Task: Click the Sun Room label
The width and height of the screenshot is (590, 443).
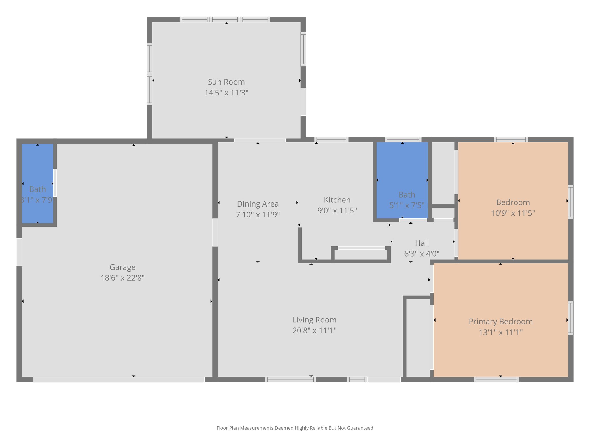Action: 226,82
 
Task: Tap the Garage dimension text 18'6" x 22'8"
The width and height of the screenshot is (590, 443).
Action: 122,278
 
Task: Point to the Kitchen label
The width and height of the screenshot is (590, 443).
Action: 337,200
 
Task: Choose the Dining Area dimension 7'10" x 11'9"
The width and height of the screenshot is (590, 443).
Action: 258,215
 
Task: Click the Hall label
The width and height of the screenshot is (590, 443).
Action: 422,243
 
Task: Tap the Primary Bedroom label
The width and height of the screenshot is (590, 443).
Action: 500,322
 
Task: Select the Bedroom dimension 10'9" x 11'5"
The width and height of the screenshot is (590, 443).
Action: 513,213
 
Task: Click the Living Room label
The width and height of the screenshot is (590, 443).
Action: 314,320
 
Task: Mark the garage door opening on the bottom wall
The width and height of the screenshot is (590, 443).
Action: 119,380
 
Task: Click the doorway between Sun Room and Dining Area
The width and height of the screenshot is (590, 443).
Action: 260,140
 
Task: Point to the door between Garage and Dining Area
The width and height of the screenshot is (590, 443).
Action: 215,232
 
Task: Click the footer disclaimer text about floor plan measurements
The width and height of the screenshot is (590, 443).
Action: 295,428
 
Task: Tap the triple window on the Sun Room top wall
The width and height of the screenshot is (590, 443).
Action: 225,20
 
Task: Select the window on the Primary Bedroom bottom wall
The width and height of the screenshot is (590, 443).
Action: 496,380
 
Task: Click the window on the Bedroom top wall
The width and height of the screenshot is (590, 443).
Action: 511,140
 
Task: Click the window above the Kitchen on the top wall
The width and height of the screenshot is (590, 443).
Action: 331,140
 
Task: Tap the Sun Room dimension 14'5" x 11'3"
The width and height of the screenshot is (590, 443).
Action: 226,93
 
